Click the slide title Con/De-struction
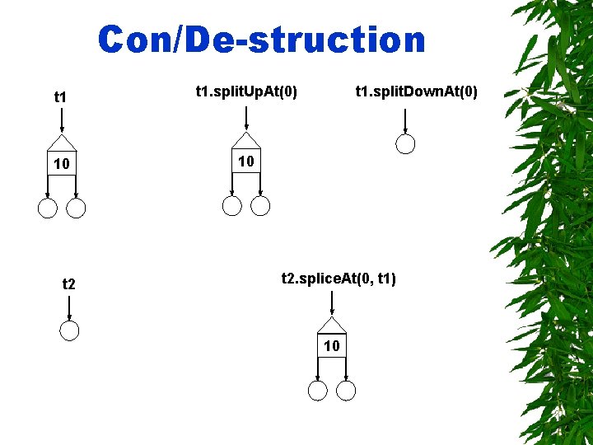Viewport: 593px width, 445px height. click(x=262, y=40)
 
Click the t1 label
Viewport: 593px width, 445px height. click(x=61, y=98)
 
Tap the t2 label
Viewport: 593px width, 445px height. click(x=69, y=285)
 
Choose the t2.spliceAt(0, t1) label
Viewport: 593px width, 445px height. click(x=339, y=279)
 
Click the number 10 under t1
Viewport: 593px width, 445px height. click(x=61, y=165)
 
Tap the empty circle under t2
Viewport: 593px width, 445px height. click(x=70, y=331)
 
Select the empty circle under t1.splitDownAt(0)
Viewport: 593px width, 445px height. click(x=404, y=144)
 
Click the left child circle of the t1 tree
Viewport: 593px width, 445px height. click(x=48, y=208)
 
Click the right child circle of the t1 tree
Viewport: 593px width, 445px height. click(x=76, y=208)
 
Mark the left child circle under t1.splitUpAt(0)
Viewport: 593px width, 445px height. click(x=233, y=206)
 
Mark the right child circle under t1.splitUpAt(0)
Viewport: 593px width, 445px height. click(x=260, y=206)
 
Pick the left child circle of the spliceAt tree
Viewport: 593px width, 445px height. click(x=318, y=391)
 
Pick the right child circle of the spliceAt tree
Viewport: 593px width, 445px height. click(x=346, y=391)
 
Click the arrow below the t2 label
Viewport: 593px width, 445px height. click(x=69, y=308)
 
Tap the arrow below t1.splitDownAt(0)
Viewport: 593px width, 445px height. click(x=404, y=121)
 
